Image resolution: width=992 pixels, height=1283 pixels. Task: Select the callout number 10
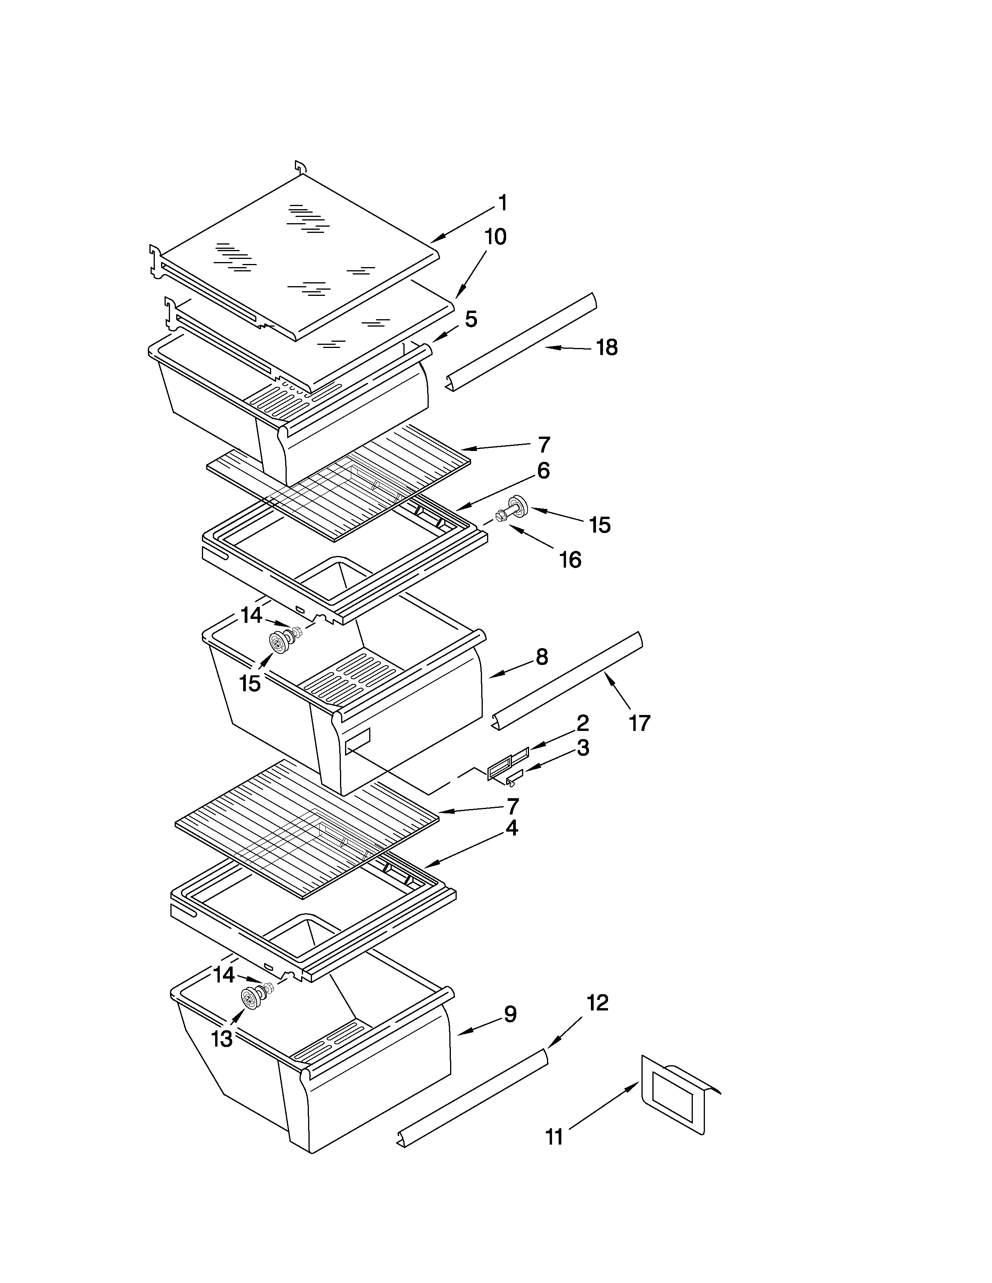click(495, 237)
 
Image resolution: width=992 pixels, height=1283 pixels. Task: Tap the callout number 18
click(607, 348)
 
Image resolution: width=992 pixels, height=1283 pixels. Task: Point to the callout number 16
click(570, 560)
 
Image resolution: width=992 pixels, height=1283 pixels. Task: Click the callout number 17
click(640, 723)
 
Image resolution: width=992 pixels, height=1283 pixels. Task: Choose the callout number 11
click(554, 1137)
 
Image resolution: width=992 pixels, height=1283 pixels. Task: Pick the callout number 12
click(597, 1003)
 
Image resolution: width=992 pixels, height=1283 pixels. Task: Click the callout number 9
click(510, 1014)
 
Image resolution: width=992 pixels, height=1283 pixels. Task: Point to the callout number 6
click(543, 470)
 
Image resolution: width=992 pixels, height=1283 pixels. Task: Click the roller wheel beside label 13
click(252, 999)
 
